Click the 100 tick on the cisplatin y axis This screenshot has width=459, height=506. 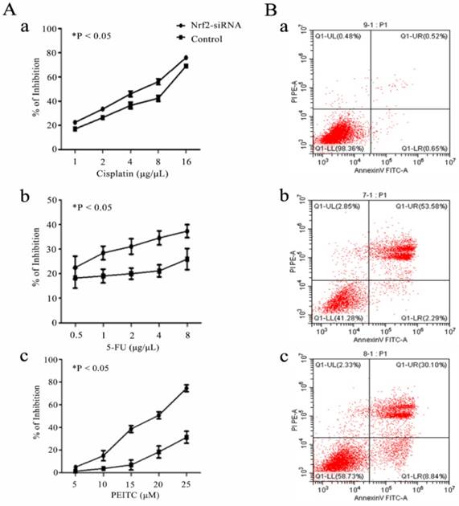(x=53, y=29)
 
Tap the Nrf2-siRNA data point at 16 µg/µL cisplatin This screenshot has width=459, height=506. (x=186, y=58)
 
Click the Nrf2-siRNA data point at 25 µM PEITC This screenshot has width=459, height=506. (x=186, y=388)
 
